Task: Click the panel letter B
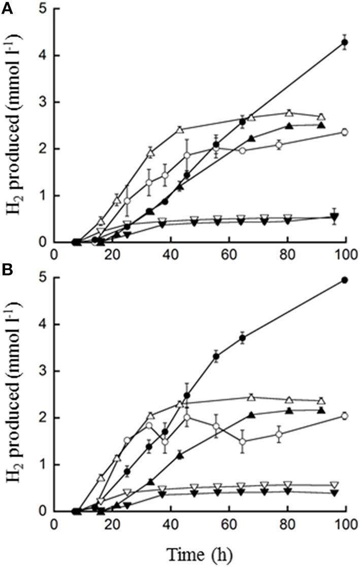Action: pyautogui.click(x=7, y=271)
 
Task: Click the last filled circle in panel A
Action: pyautogui.click(x=345, y=42)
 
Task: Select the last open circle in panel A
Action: pyautogui.click(x=345, y=132)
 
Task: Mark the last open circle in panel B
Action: pyautogui.click(x=345, y=416)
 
